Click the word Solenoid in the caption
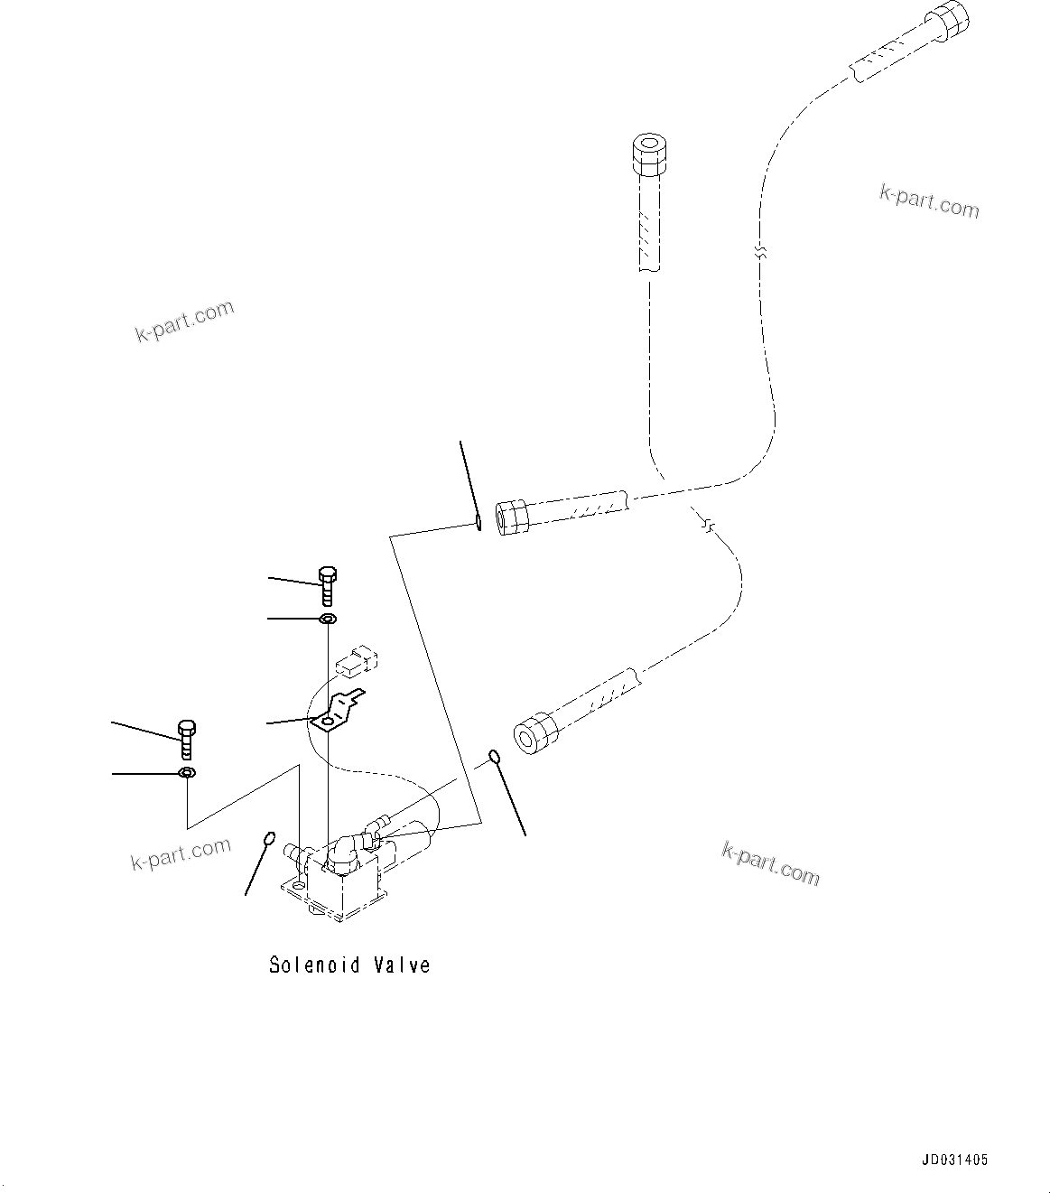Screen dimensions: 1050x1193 315,965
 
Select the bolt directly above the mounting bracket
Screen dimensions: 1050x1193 327,586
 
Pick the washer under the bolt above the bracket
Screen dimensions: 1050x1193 327,619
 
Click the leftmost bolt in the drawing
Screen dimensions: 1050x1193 187,740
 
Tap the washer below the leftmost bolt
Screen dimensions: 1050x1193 187,772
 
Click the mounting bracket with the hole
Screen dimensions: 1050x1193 337,712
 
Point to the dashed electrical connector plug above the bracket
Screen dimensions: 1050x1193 356,660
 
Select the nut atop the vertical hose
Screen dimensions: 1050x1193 649,154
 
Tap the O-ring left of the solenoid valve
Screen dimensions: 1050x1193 269,838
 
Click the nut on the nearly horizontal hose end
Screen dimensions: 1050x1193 512,517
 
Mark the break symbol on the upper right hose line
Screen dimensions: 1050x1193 761,253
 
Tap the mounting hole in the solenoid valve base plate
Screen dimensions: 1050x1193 300,901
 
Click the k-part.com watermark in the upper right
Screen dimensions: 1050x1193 929,201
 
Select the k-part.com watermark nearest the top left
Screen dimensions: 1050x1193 185,321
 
